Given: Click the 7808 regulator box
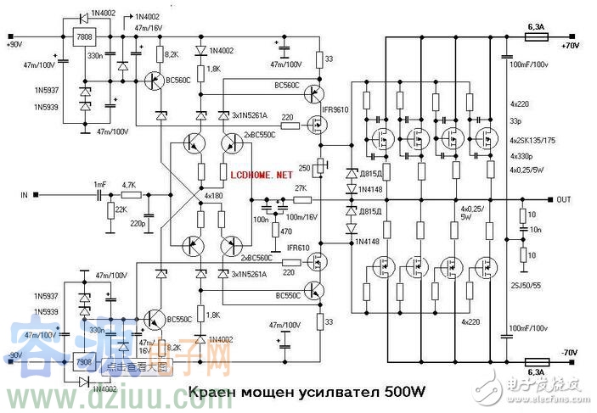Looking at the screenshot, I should pyautogui.click(x=85, y=39).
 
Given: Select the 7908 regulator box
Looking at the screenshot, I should pyautogui.click(x=85, y=362).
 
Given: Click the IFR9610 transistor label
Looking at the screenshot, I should pyautogui.click(x=336, y=111).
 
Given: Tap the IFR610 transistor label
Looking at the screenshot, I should pyautogui.click(x=298, y=248).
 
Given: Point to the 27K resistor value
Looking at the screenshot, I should pyautogui.click(x=300, y=187).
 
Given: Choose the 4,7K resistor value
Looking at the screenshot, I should pyautogui.click(x=128, y=184).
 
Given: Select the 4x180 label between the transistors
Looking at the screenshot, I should pyautogui.click(x=215, y=196).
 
